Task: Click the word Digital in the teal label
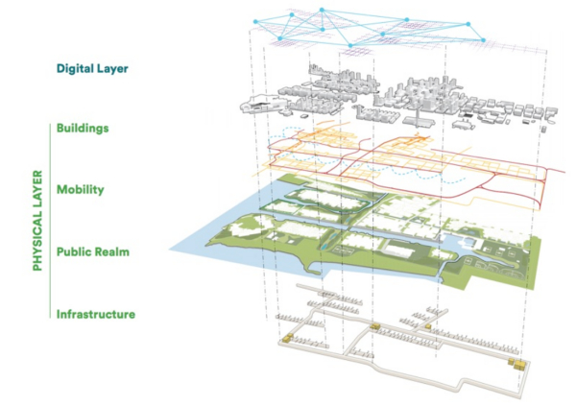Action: [74, 69]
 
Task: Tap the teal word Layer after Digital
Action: [112, 69]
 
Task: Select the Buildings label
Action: [83, 128]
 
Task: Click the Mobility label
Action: [81, 190]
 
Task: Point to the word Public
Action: [73, 251]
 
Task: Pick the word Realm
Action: [111, 251]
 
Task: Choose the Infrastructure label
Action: [96, 314]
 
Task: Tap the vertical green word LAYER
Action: [37, 191]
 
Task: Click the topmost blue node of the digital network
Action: [322, 10]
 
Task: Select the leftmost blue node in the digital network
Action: [255, 22]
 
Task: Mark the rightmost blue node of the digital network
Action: [484, 40]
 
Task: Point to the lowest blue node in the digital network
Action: [350, 45]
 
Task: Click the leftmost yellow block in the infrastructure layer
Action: [287, 338]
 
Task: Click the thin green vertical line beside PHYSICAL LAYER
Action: [50, 221]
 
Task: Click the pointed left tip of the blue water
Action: [169, 250]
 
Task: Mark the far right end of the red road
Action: [564, 172]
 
